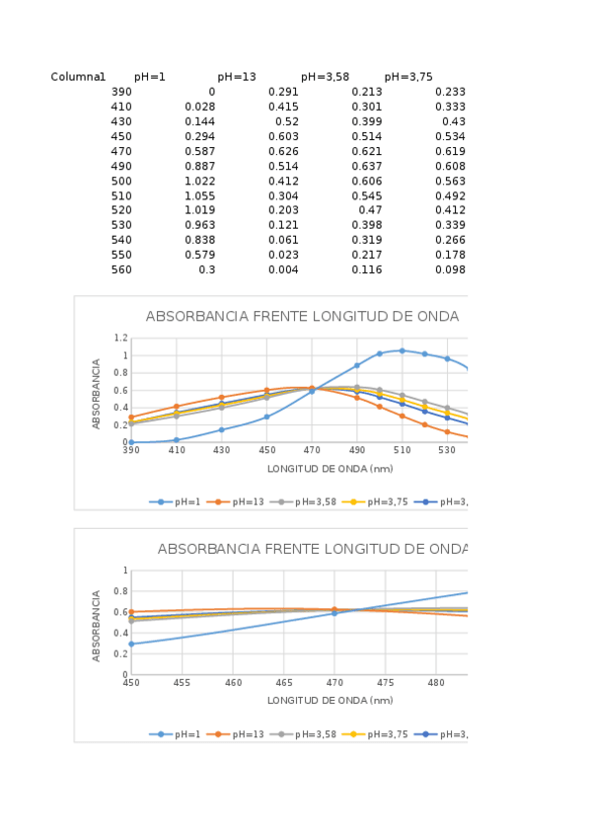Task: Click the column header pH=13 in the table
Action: (237, 77)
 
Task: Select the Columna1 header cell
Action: (78, 77)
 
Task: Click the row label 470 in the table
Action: (120, 151)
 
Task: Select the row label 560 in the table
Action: (120, 269)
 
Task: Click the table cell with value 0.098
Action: (450, 269)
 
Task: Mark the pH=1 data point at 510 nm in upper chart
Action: (402, 350)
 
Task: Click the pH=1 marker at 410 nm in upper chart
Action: (177, 440)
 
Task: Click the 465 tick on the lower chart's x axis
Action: (284, 682)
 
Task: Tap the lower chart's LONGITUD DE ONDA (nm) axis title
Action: (330, 700)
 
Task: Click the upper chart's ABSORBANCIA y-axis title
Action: (97, 393)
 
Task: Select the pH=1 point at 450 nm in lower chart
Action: (131, 644)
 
